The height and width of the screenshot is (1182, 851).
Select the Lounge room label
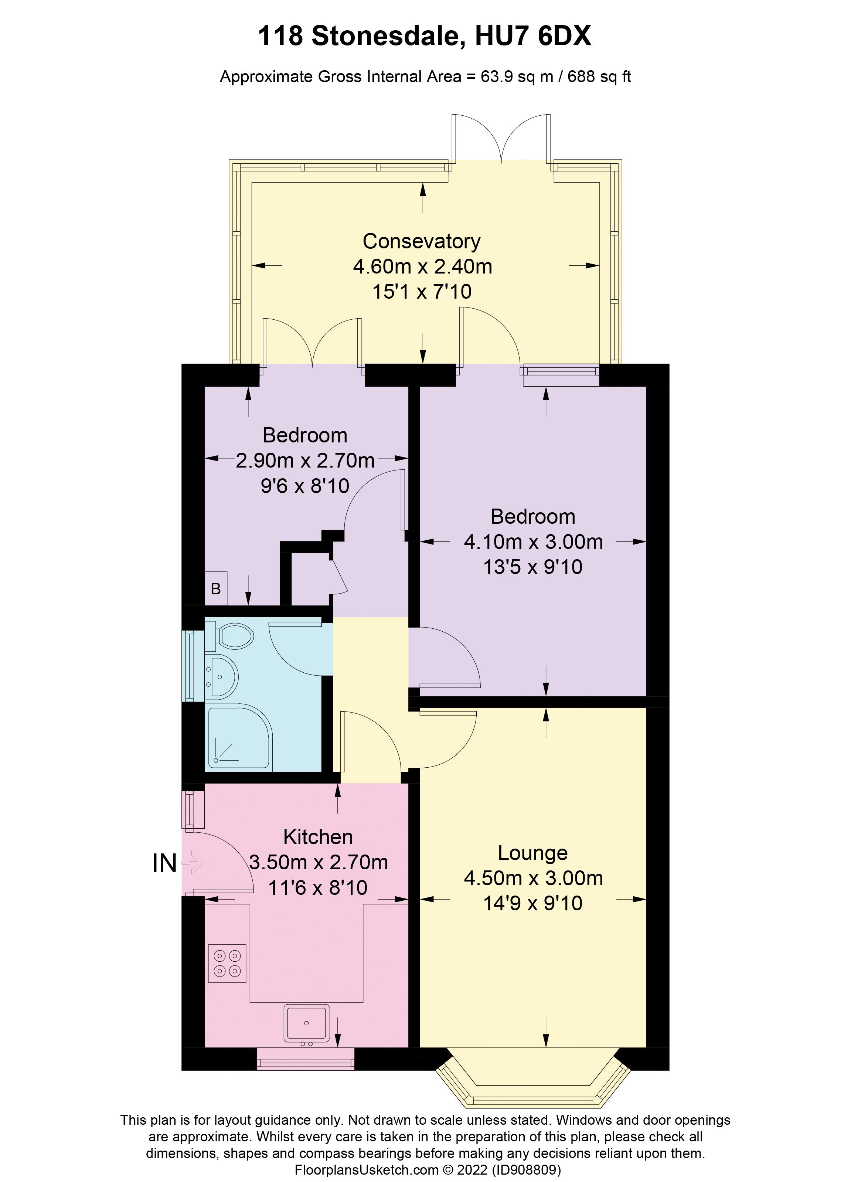coord(532,853)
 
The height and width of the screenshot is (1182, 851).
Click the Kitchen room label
coord(318,837)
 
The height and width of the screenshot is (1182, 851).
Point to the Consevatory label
coord(422,241)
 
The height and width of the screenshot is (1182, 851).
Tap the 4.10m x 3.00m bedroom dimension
coord(533,542)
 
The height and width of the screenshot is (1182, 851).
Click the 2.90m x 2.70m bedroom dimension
coord(305,461)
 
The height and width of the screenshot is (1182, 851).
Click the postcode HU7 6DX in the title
coord(533,37)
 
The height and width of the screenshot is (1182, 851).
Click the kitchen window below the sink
coord(305,1059)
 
